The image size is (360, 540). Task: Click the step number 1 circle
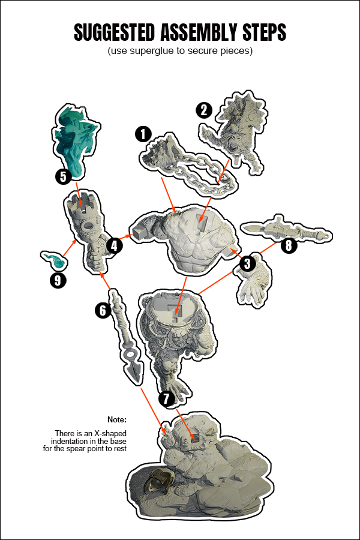coord(143,134)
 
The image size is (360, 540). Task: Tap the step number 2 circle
coord(204,110)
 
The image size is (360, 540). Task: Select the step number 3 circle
coord(247,263)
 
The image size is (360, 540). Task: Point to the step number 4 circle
coord(115,245)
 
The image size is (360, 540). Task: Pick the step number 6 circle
coord(103,310)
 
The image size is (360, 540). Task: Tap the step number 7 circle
coord(166,398)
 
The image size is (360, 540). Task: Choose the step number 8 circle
coord(289,245)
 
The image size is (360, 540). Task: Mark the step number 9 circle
coord(57,280)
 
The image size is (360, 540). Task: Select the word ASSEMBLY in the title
coord(201,32)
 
